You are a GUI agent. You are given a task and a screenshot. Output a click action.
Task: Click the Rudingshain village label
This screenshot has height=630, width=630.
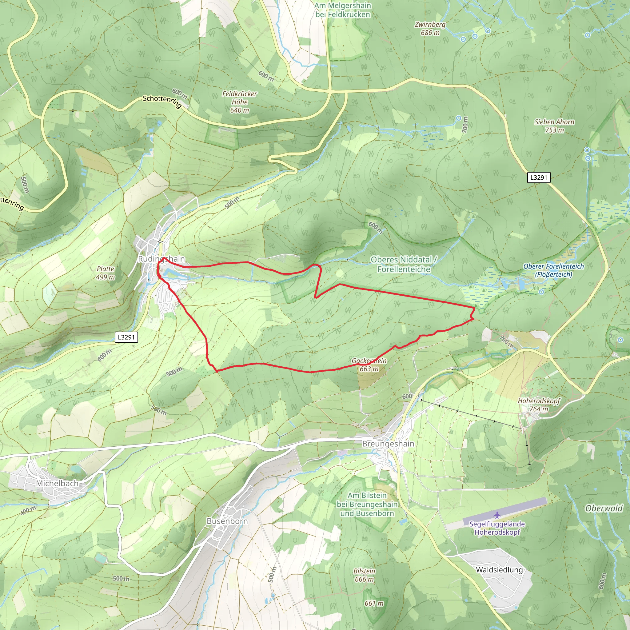tap(161, 259)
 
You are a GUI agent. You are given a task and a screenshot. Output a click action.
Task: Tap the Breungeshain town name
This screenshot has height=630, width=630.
tap(388, 444)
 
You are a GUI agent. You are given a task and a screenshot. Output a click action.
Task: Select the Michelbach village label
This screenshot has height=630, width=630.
tap(57, 483)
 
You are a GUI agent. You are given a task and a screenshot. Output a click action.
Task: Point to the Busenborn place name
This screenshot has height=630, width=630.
tap(227, 521)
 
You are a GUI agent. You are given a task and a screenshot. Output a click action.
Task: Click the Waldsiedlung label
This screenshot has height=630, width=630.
tap(499, 570)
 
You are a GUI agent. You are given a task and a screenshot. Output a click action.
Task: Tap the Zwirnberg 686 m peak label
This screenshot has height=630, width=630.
tap(430, 28)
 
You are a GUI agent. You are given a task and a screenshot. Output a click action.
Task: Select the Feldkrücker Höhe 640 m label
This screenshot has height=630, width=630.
tap(240, 102)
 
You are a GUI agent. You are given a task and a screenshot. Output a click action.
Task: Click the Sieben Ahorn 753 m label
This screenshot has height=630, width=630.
tap(554, 126)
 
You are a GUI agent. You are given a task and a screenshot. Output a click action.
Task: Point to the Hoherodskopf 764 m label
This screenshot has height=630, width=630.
tap(539, 405)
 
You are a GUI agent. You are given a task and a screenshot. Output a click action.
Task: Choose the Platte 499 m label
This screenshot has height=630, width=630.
tap(105, 273)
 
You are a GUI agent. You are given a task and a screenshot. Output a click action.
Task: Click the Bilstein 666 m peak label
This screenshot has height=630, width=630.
tap(364, 575)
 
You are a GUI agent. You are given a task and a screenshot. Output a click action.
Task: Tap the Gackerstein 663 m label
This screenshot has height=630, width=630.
tap(369, 365)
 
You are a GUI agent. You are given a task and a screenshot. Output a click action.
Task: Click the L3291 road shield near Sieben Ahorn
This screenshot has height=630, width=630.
tap(539, 177)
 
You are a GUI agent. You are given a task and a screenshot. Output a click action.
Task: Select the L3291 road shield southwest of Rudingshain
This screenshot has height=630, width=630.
tap(126, 337)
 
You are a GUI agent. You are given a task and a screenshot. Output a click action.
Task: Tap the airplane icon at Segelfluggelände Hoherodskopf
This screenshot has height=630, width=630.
tap(496, 515)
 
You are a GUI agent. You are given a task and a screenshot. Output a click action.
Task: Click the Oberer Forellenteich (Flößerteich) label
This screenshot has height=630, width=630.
tap(553, 270)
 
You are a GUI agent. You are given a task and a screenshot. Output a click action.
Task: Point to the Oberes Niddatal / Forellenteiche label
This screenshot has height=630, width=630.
tap(404, 264)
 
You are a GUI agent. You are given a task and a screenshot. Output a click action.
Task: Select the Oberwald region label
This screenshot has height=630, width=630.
tap(604, 508)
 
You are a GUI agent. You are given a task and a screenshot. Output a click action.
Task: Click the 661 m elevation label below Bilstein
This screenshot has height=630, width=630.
tap(374, 604)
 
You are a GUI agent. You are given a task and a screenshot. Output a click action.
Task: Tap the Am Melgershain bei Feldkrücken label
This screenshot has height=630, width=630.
tap(343, 10)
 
